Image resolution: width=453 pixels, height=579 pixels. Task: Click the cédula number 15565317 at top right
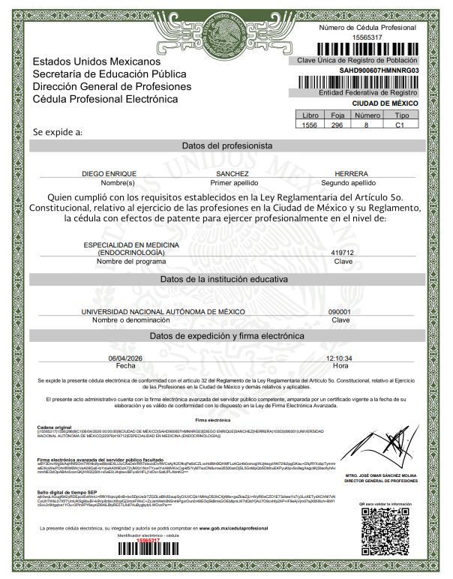tap(367, 36)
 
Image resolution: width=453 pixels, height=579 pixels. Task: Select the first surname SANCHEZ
tap(232, 173)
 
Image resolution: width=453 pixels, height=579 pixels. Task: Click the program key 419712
tap(342, 253)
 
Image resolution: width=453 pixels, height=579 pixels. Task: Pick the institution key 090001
tap(340, 311)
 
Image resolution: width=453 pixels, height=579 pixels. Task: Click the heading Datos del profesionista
tap(226, 145)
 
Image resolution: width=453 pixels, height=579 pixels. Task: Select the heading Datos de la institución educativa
tap(226, 279)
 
